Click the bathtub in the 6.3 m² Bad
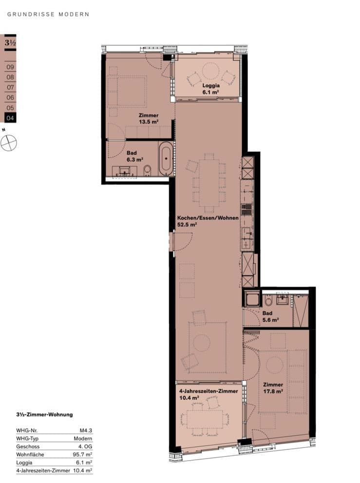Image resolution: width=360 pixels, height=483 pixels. pos(166,158)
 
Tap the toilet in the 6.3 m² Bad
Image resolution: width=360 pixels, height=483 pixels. pos(148,171)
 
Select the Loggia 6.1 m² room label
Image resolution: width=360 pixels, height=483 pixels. pos(211,89)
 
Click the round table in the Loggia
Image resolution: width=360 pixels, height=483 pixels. pos(210,71)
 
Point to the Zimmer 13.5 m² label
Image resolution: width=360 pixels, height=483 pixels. pos(149,118)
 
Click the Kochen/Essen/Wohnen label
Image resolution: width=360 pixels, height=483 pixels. pos(208,218)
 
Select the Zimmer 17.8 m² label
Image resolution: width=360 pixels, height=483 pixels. pos(273,388)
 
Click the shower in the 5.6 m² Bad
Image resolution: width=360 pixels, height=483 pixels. pos(301,311)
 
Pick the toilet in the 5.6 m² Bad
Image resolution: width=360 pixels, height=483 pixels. pos(268,300)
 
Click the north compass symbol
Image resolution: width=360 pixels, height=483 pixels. pos(8,143)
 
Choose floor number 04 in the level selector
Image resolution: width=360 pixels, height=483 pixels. pos(10,118)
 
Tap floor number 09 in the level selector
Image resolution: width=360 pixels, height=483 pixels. pos(10,67)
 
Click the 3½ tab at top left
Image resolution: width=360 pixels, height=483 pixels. pos(10,42)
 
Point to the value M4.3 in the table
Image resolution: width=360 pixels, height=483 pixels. pos(86,430)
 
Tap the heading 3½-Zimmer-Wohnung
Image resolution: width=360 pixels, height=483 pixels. pos(45,414)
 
